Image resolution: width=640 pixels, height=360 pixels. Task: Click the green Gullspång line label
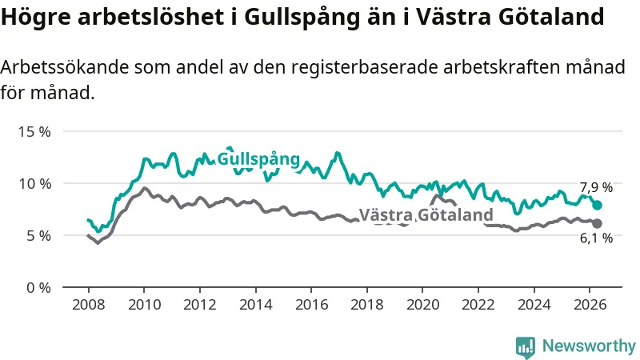pos(258,159)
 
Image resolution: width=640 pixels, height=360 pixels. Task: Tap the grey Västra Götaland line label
pos(426,214)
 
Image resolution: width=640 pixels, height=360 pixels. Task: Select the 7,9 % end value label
pos(596,187)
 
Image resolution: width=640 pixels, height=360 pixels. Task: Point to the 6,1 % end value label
pos(596,238)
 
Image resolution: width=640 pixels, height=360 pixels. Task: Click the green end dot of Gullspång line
pos(597,205)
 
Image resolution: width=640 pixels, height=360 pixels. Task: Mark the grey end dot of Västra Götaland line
pos(597,223)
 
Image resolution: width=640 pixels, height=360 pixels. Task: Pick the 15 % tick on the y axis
pos(34,132)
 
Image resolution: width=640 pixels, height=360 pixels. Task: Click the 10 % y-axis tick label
pos(34,184)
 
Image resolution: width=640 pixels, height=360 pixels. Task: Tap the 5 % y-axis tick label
pos(38,236)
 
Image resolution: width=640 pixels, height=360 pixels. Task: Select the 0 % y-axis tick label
pos(38,288)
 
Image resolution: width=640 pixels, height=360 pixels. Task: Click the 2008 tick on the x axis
pos(89,305)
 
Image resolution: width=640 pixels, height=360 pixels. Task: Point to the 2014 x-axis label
pos(255,305)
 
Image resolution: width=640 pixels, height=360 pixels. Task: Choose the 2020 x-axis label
pos(423,305)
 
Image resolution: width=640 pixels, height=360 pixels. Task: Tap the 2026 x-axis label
pos(590,305)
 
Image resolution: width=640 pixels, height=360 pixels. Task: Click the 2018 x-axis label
pos(367,305)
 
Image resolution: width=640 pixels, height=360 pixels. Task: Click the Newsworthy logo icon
pos(526,347)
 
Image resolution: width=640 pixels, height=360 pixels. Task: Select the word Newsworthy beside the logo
pos(589,346)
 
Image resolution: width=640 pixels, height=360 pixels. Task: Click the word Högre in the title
pos(35,17)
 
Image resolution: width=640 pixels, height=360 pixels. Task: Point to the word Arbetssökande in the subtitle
pos(65,67)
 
